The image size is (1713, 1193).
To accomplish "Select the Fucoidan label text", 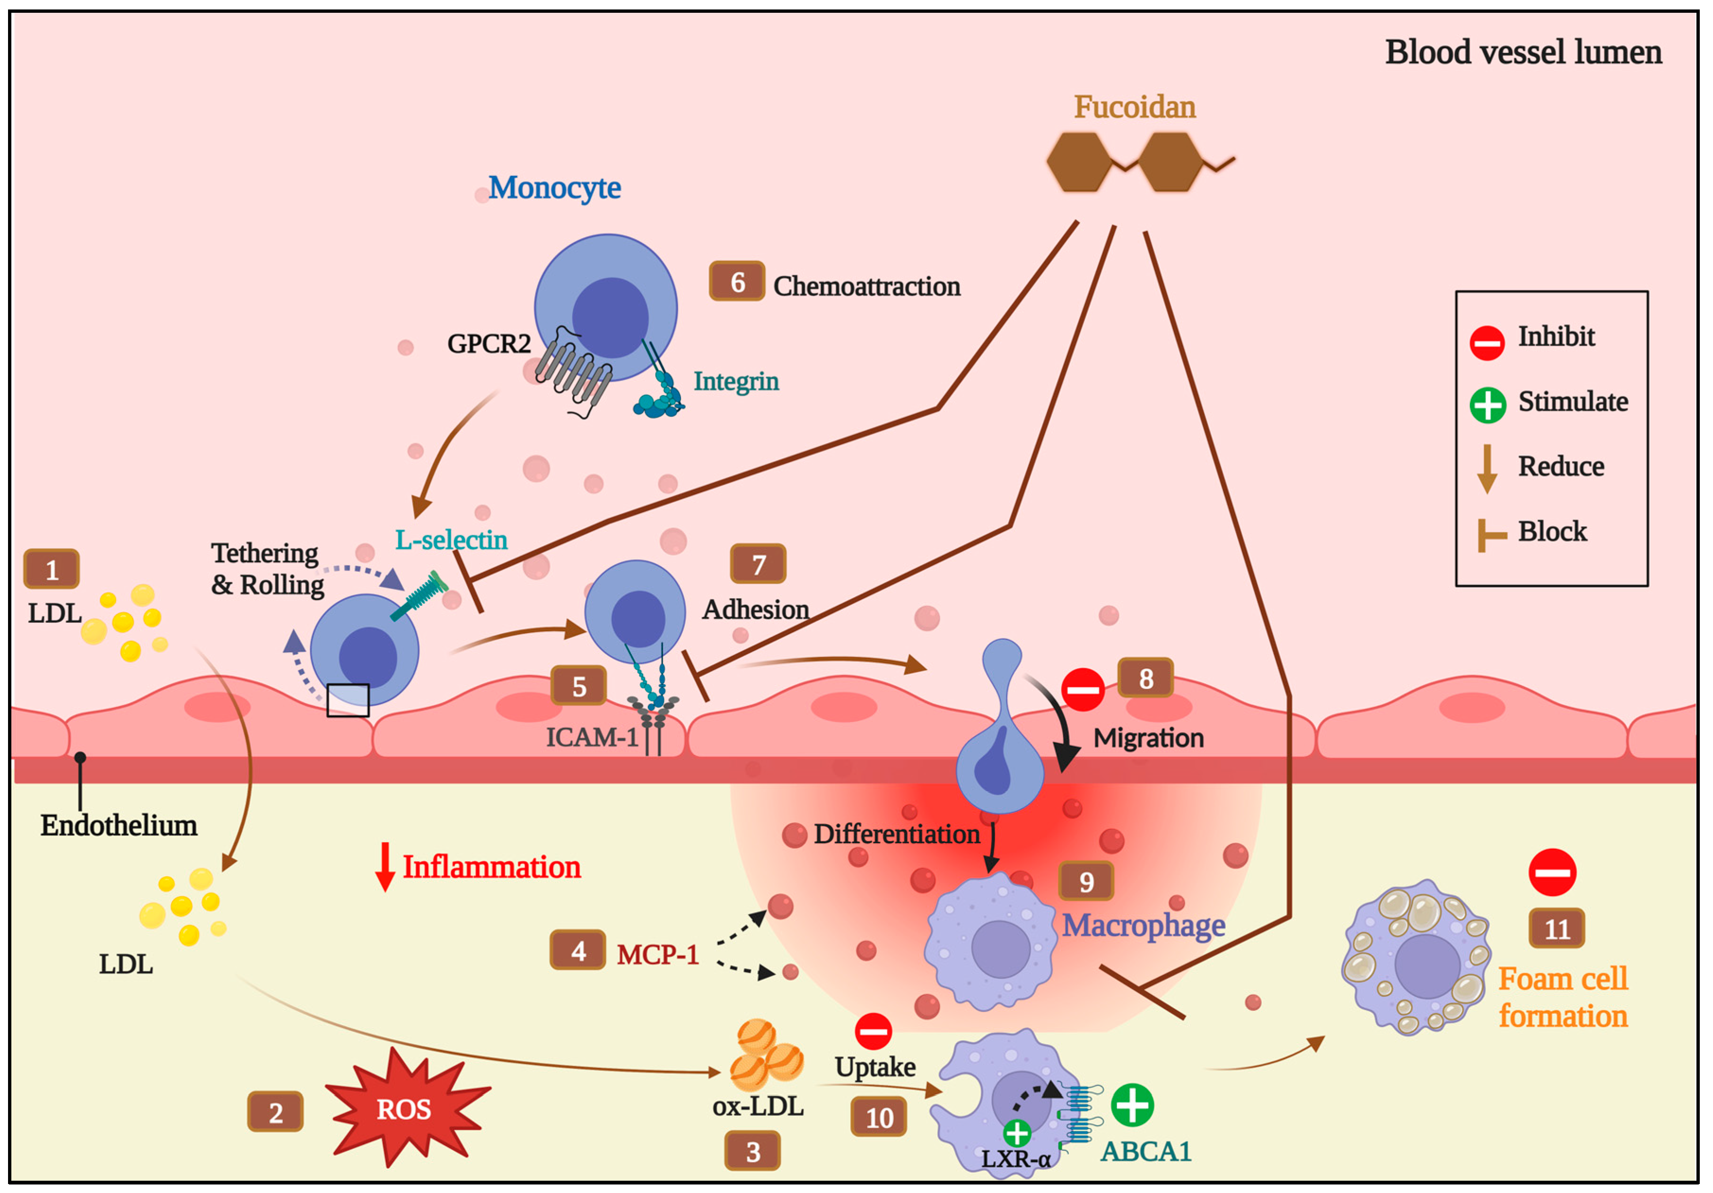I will [x=1134, y=107].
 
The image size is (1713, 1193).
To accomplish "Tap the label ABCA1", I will [x=1145, y=1151].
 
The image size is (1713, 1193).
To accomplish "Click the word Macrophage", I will [x=1143, y=925].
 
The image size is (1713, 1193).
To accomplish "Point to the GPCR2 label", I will [x=489, y=344].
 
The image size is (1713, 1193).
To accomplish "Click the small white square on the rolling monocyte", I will [x=348, y=700].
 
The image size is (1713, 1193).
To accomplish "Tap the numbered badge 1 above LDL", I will [x=52, y=569].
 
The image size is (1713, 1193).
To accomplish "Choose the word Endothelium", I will [x=119, y=825].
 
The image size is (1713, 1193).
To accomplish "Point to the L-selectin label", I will [x=451, y=540].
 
